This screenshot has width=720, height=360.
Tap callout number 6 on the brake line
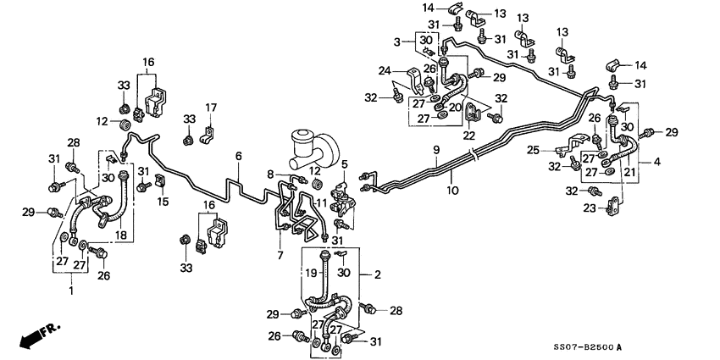(239, 157)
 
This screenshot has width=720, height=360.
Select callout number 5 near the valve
(344, 163)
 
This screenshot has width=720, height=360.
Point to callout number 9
(436, 150)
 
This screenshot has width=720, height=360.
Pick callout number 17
(211, 108)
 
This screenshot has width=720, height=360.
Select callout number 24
(385, 71)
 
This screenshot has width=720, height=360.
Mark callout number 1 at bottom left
(70, 291)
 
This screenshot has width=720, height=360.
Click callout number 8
(270, 174)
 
